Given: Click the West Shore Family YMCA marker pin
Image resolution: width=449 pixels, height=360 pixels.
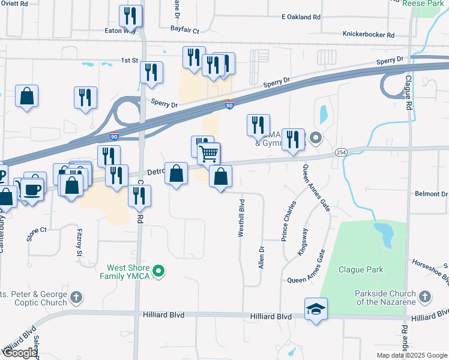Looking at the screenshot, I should point(159,272).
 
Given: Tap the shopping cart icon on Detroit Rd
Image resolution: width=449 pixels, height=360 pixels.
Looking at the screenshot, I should point(209,154).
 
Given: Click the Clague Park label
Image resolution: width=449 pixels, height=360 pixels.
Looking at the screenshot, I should point(360,270).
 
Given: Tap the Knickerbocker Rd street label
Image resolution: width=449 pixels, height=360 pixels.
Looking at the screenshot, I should point(368,35).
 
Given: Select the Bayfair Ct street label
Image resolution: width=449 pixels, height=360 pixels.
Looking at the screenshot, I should point(184,28).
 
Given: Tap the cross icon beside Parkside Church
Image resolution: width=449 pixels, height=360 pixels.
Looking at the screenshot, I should point(424,297).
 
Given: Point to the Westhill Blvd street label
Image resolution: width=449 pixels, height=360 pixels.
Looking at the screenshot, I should point(241,218).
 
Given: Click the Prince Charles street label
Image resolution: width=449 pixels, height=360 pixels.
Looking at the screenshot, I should point(289,221).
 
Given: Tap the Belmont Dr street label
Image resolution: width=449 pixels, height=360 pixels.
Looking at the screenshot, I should point(432,194).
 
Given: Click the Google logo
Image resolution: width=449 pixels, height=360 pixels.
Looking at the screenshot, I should point(19,353).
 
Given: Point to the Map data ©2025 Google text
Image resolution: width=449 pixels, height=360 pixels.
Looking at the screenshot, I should point(411,355).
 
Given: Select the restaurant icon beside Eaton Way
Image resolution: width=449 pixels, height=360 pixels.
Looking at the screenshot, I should point(130,16).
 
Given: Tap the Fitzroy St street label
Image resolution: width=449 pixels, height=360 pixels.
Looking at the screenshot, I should point(79,242).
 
